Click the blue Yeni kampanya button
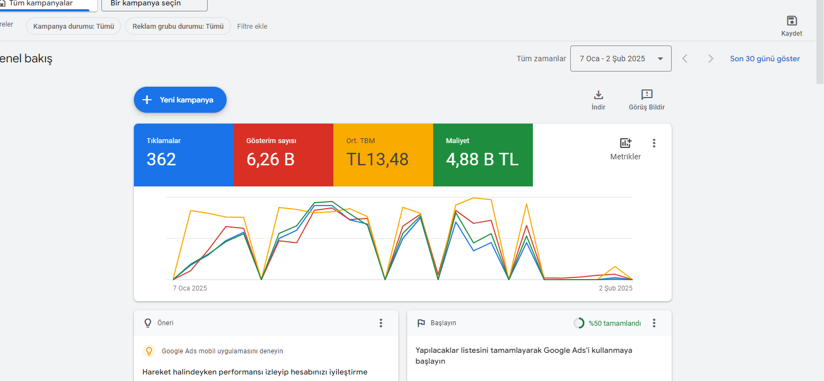pos(180,100)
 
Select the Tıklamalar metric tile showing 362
pos(184,155)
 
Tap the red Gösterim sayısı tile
pos(283,155)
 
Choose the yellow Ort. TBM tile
pos(383,155)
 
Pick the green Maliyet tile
pos(482,155)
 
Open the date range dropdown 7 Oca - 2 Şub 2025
pos(621,59)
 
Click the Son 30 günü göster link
pos(765,59)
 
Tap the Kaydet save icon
pos(791,21)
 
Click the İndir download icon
pos(598,95)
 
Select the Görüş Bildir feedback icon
pos(647,94)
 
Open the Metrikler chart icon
pos(626,143)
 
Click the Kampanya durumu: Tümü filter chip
pos(74,26)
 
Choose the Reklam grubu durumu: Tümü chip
pos(178,26)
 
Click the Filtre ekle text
pos(253,26)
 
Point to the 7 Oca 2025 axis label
pos(190,288)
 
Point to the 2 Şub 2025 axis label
pos(615,288)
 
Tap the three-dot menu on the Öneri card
pos(381,323)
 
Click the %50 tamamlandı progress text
pos(615,323)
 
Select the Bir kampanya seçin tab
pos(154,4)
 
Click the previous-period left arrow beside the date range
pos(685,59)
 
